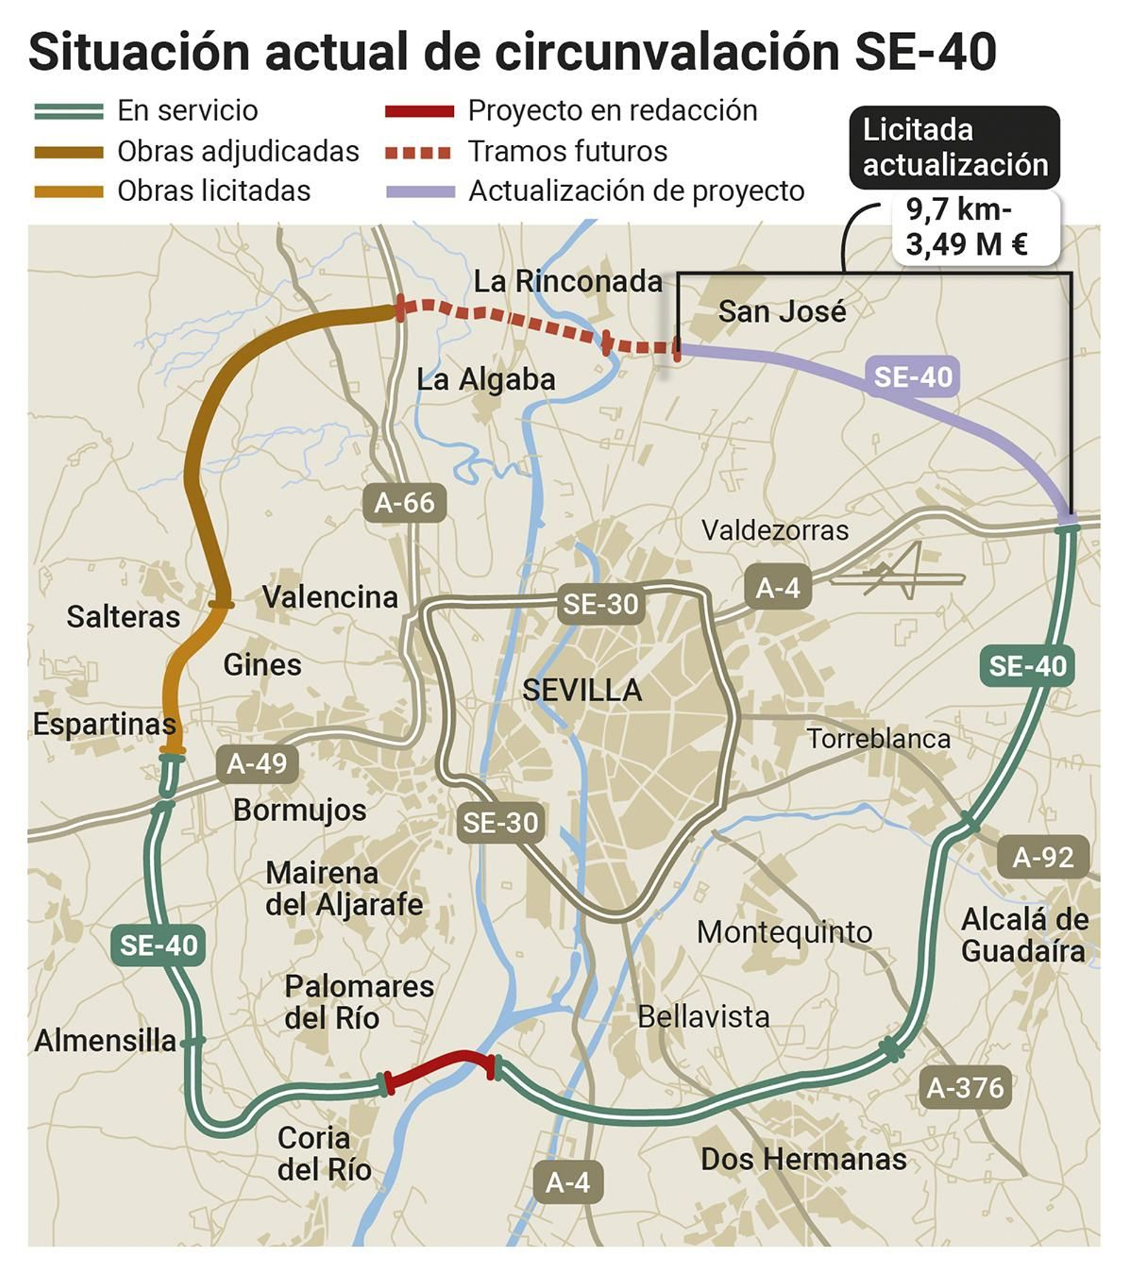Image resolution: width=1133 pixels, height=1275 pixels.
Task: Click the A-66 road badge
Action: pos(404,503)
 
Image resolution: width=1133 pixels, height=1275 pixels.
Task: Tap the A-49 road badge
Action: pos(256,764)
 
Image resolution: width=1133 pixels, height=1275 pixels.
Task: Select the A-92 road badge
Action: pos(1042,857)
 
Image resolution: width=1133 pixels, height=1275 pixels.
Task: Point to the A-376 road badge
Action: pos(964,1087)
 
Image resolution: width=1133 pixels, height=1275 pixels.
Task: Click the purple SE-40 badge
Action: pos(912,377)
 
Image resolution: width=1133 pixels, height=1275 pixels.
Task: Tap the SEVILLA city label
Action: pos(582,690)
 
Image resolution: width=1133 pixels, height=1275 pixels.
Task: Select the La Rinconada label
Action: pos(568,282)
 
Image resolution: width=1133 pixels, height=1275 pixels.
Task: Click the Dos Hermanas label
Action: pos(803,1160)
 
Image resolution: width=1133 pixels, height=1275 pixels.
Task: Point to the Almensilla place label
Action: pos(106,1041)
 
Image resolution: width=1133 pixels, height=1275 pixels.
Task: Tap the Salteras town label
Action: pos(123,617)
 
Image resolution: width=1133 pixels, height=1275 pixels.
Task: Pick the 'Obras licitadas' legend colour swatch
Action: pos(69,191)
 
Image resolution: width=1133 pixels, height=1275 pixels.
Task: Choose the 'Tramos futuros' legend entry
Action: pos(567,151)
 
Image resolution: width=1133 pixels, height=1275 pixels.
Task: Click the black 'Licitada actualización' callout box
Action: pos(954,148)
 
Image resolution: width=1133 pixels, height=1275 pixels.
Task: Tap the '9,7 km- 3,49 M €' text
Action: pos(967,227)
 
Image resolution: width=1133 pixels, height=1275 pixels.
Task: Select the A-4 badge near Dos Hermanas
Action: pos(567,1182)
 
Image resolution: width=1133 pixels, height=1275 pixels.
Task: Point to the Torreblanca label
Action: pos(878,739)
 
